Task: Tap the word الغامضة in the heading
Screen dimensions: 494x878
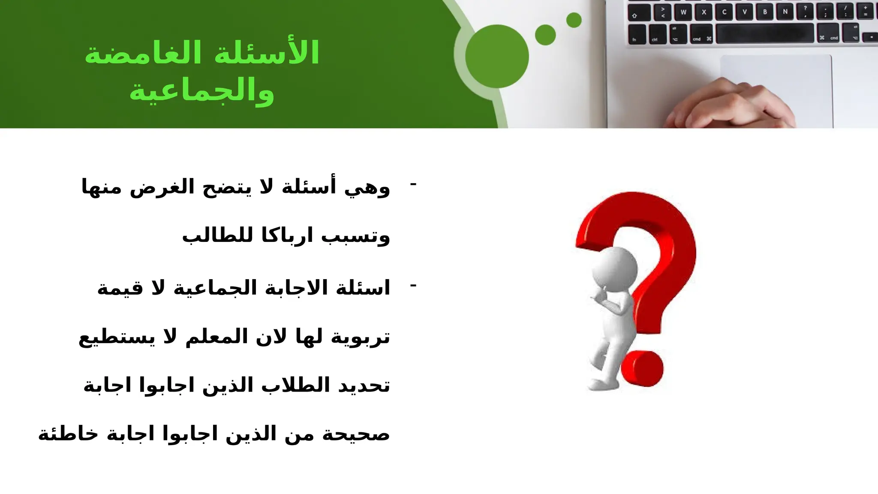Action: coord(143,53)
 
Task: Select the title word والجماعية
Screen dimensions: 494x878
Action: coord(201,91)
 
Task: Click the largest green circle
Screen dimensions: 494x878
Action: coord(497,56)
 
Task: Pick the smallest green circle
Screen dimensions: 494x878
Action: coord(574,20)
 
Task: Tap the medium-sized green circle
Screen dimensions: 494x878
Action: coord(545,35)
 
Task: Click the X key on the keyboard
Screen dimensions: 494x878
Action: coord(704,12)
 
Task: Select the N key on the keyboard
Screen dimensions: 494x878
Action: coord(785,12)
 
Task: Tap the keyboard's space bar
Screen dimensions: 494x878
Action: coord(764,33)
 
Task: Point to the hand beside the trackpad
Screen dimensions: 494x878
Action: coord(733,105)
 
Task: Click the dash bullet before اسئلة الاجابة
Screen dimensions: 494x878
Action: coord(413,286)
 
